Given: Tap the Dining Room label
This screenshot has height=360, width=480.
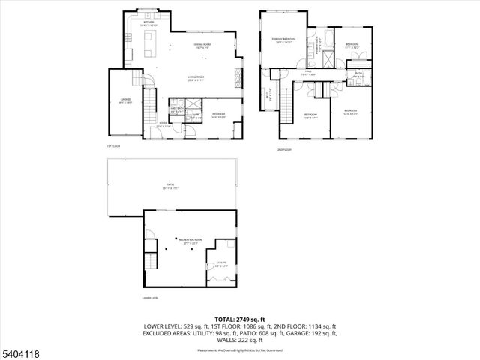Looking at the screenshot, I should click(x=181, y=46).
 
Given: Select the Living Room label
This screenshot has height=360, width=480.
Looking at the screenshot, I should click(x=197, y=78).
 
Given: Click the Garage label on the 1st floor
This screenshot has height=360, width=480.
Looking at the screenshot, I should click(x=126, y=100).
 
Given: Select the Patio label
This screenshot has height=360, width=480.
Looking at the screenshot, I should click(x=170, y=187).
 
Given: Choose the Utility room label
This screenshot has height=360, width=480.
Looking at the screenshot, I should click(x=220, y=264).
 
